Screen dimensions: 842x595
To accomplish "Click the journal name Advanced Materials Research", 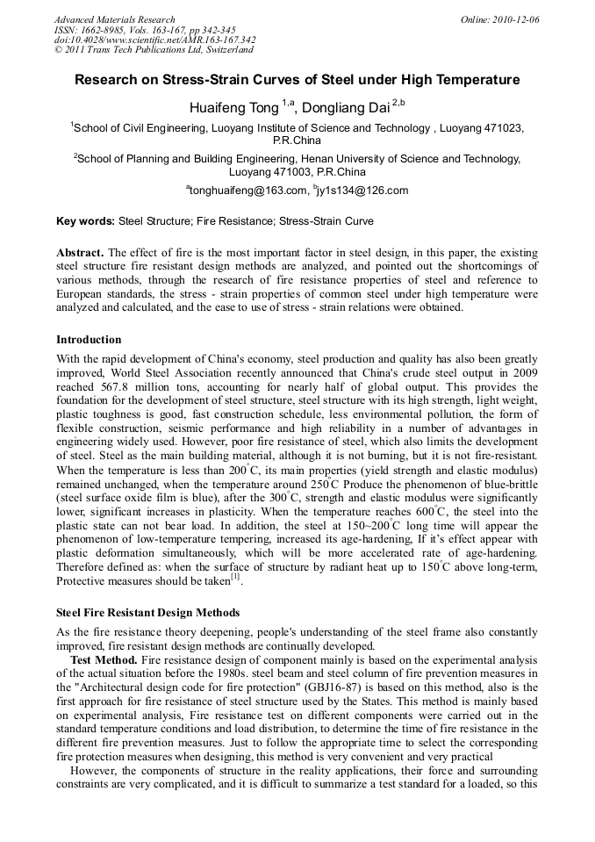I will click(x=115, y=19).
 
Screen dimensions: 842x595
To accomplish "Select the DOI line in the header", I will click(x=155, y=40).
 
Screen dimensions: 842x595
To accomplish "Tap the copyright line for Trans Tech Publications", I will click(x=154, y=50).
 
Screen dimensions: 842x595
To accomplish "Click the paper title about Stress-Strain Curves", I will click(x=297, y=80).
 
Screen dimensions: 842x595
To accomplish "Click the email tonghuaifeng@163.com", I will click(x=249, y=191).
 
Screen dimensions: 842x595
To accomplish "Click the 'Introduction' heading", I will click(x=89, y=339).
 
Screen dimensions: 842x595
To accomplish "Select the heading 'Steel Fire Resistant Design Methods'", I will click(x=147, y=612).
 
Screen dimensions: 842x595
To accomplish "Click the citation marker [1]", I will click(x=235, y=579).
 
